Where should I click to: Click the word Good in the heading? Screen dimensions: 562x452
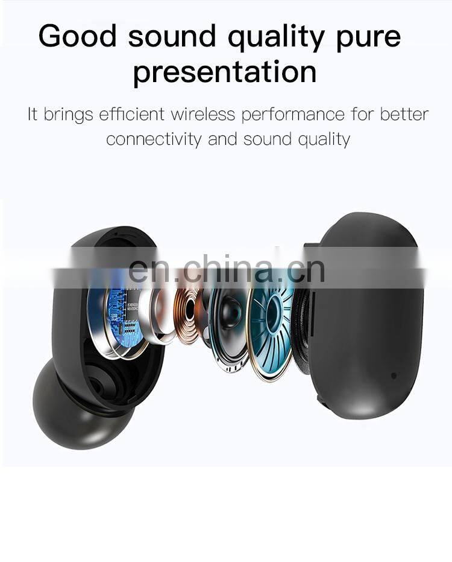77,36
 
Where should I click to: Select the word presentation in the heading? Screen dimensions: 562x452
225,72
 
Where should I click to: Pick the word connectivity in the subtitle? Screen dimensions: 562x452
154,139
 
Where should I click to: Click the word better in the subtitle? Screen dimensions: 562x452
404,114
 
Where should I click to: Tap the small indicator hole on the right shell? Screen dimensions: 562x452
394,375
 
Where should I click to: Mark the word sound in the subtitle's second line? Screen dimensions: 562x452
267,139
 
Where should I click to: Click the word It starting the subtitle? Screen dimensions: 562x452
33,114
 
